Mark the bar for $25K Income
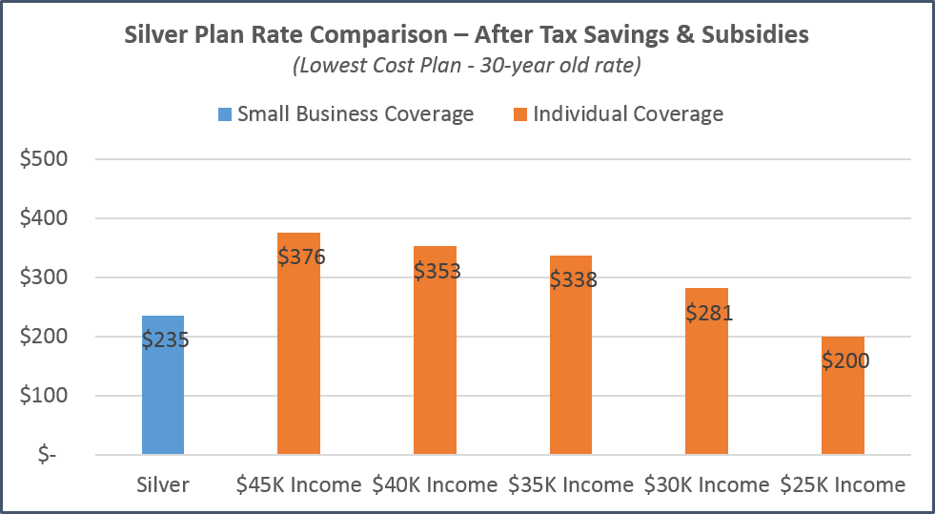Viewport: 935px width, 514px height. click(843, 410)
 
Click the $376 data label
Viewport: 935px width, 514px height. click(301, 256)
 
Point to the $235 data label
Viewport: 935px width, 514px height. click(165, 339)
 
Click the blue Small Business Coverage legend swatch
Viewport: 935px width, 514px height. click(224, 114)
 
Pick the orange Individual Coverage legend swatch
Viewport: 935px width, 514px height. click(519, 114)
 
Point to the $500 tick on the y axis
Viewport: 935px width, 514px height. click(44, 159)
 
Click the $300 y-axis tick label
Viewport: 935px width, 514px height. click(44, 278)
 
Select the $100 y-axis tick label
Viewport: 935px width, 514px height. click(44, 396)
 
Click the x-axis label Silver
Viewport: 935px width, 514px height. click(162, 484)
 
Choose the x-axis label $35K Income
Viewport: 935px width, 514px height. click(571, 484)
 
